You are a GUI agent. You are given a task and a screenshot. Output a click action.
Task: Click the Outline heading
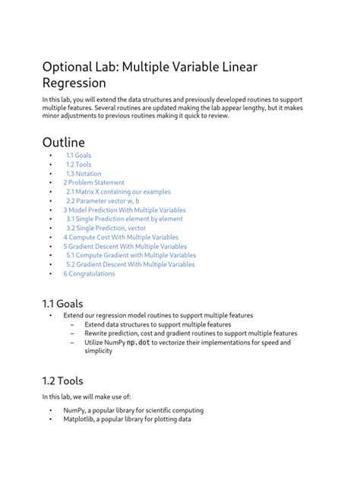pos(64,142)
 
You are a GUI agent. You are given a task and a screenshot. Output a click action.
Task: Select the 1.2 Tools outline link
pos(78,164)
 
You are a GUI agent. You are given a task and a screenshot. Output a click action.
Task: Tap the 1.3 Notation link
pos(83,173)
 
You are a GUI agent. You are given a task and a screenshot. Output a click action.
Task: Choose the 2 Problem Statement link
pos(93,182)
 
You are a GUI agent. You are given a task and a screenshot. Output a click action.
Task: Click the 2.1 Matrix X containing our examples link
pos(118,191)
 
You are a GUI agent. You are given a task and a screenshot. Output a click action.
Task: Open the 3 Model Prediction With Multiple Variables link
pos(125,210)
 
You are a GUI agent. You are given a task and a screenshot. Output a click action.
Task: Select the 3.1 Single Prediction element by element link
pos(124,219)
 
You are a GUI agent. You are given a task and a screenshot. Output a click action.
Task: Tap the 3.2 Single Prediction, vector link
pos(106,228)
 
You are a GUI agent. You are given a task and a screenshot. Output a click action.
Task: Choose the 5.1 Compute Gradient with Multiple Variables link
pos(130,255)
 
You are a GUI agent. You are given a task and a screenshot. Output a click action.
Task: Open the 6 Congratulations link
pos(89,273)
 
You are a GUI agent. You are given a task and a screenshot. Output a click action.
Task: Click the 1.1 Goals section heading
pos(62,304)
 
